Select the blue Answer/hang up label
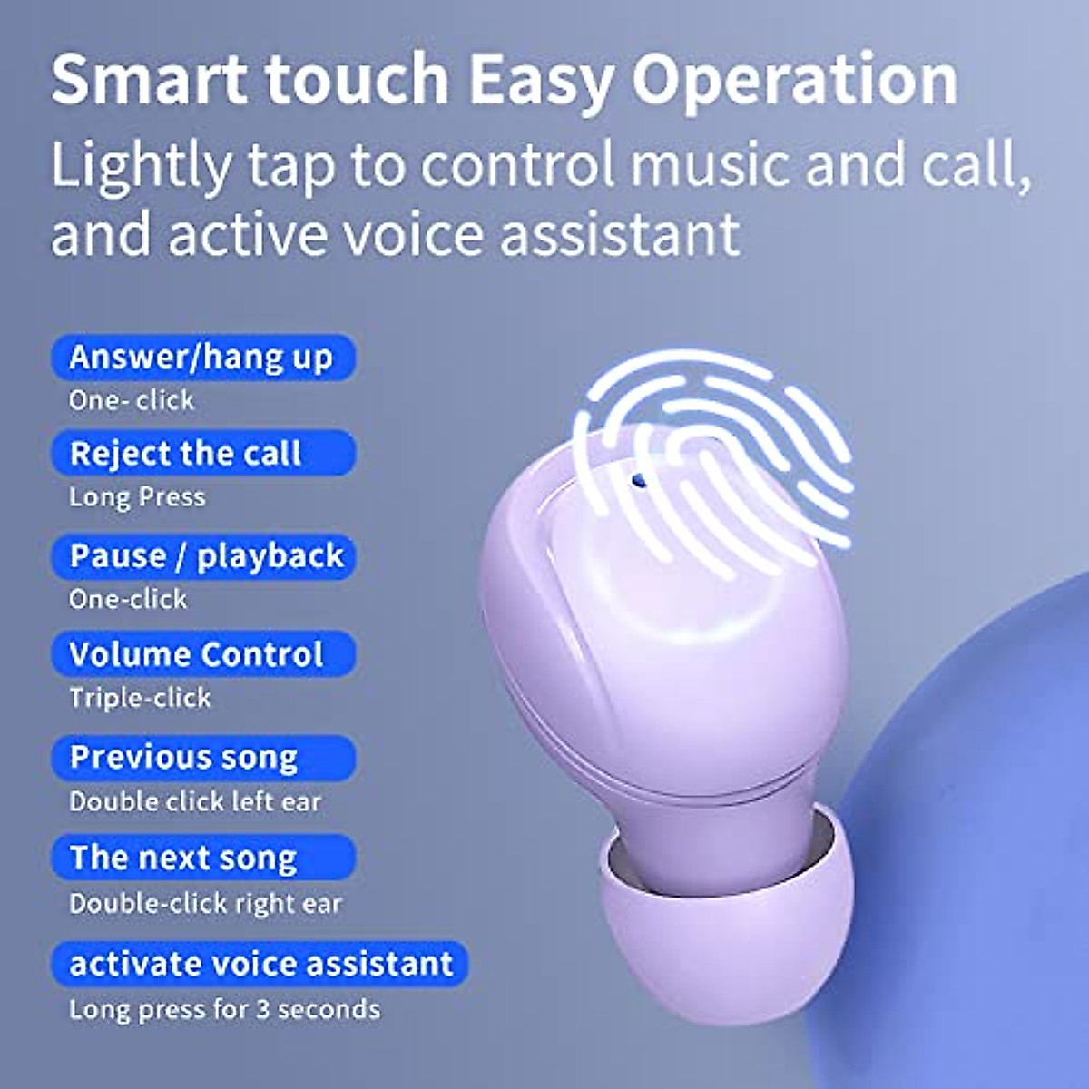201,358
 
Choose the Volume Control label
196,654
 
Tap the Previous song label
184,758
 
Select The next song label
183,858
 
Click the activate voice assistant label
261,964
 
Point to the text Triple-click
140,698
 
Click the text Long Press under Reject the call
137,497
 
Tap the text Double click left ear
195,802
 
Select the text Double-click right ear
205,904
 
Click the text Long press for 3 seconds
224,1009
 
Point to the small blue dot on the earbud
638,478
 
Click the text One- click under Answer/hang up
132,400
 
